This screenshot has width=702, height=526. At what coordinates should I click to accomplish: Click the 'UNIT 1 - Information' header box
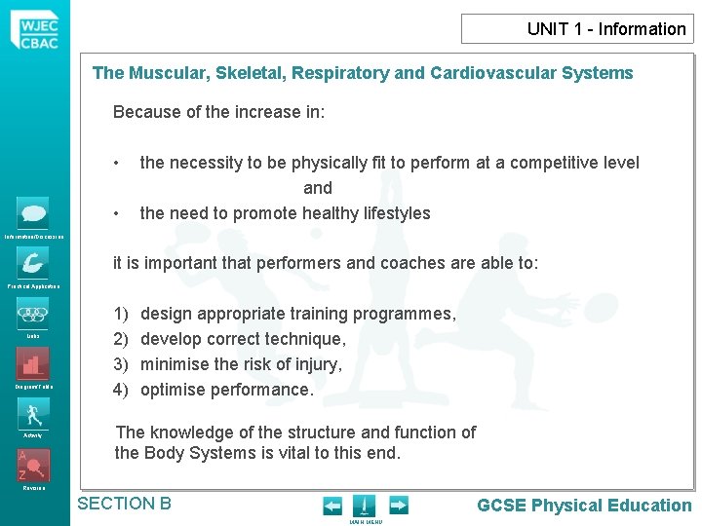pyautogui.click(x=577, y=29)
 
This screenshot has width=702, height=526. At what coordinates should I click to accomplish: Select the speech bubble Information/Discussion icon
pyautogui.click(x=32, y=212)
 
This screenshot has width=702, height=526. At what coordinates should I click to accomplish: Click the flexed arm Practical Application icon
pyautogui.click(x=32, y=263)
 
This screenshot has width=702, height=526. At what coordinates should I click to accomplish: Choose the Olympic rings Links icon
pyautogui.click(x=32, y=314)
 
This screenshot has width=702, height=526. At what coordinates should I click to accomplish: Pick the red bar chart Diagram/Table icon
pyautogui.click(x=32, y=364)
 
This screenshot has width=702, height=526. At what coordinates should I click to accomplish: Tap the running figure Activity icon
pyautogui.click(x=32, y=413)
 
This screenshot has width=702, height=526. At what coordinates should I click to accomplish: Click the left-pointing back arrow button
pyautogui.click(x=332, y=506)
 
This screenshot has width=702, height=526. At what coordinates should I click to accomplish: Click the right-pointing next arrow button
pyautogui.click(x=398, y=506)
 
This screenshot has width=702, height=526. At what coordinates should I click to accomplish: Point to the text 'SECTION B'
pyautogui.click(x=124, y=504)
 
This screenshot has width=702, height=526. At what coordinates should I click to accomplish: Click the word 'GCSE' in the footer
pyautogui.click(x=502, y=506)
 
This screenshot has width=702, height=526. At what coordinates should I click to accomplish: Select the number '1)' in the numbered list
pyautogui.click(x=121, y=314)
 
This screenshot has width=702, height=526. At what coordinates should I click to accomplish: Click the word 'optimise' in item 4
pyautogui.click(x=173, y=390)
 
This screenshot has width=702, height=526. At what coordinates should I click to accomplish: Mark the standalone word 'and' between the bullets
pyautogui.click(x=318, y=188)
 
